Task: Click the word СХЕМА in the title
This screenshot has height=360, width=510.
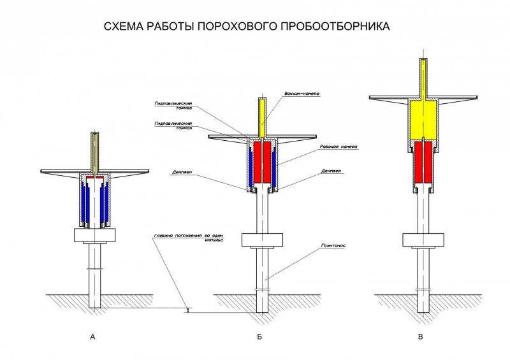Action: coord(125,27)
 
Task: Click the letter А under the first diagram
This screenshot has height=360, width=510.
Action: coord(94,336)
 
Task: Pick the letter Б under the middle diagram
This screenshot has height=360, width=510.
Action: coord(259,336)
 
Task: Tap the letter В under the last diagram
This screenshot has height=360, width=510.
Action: coord(420,336)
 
